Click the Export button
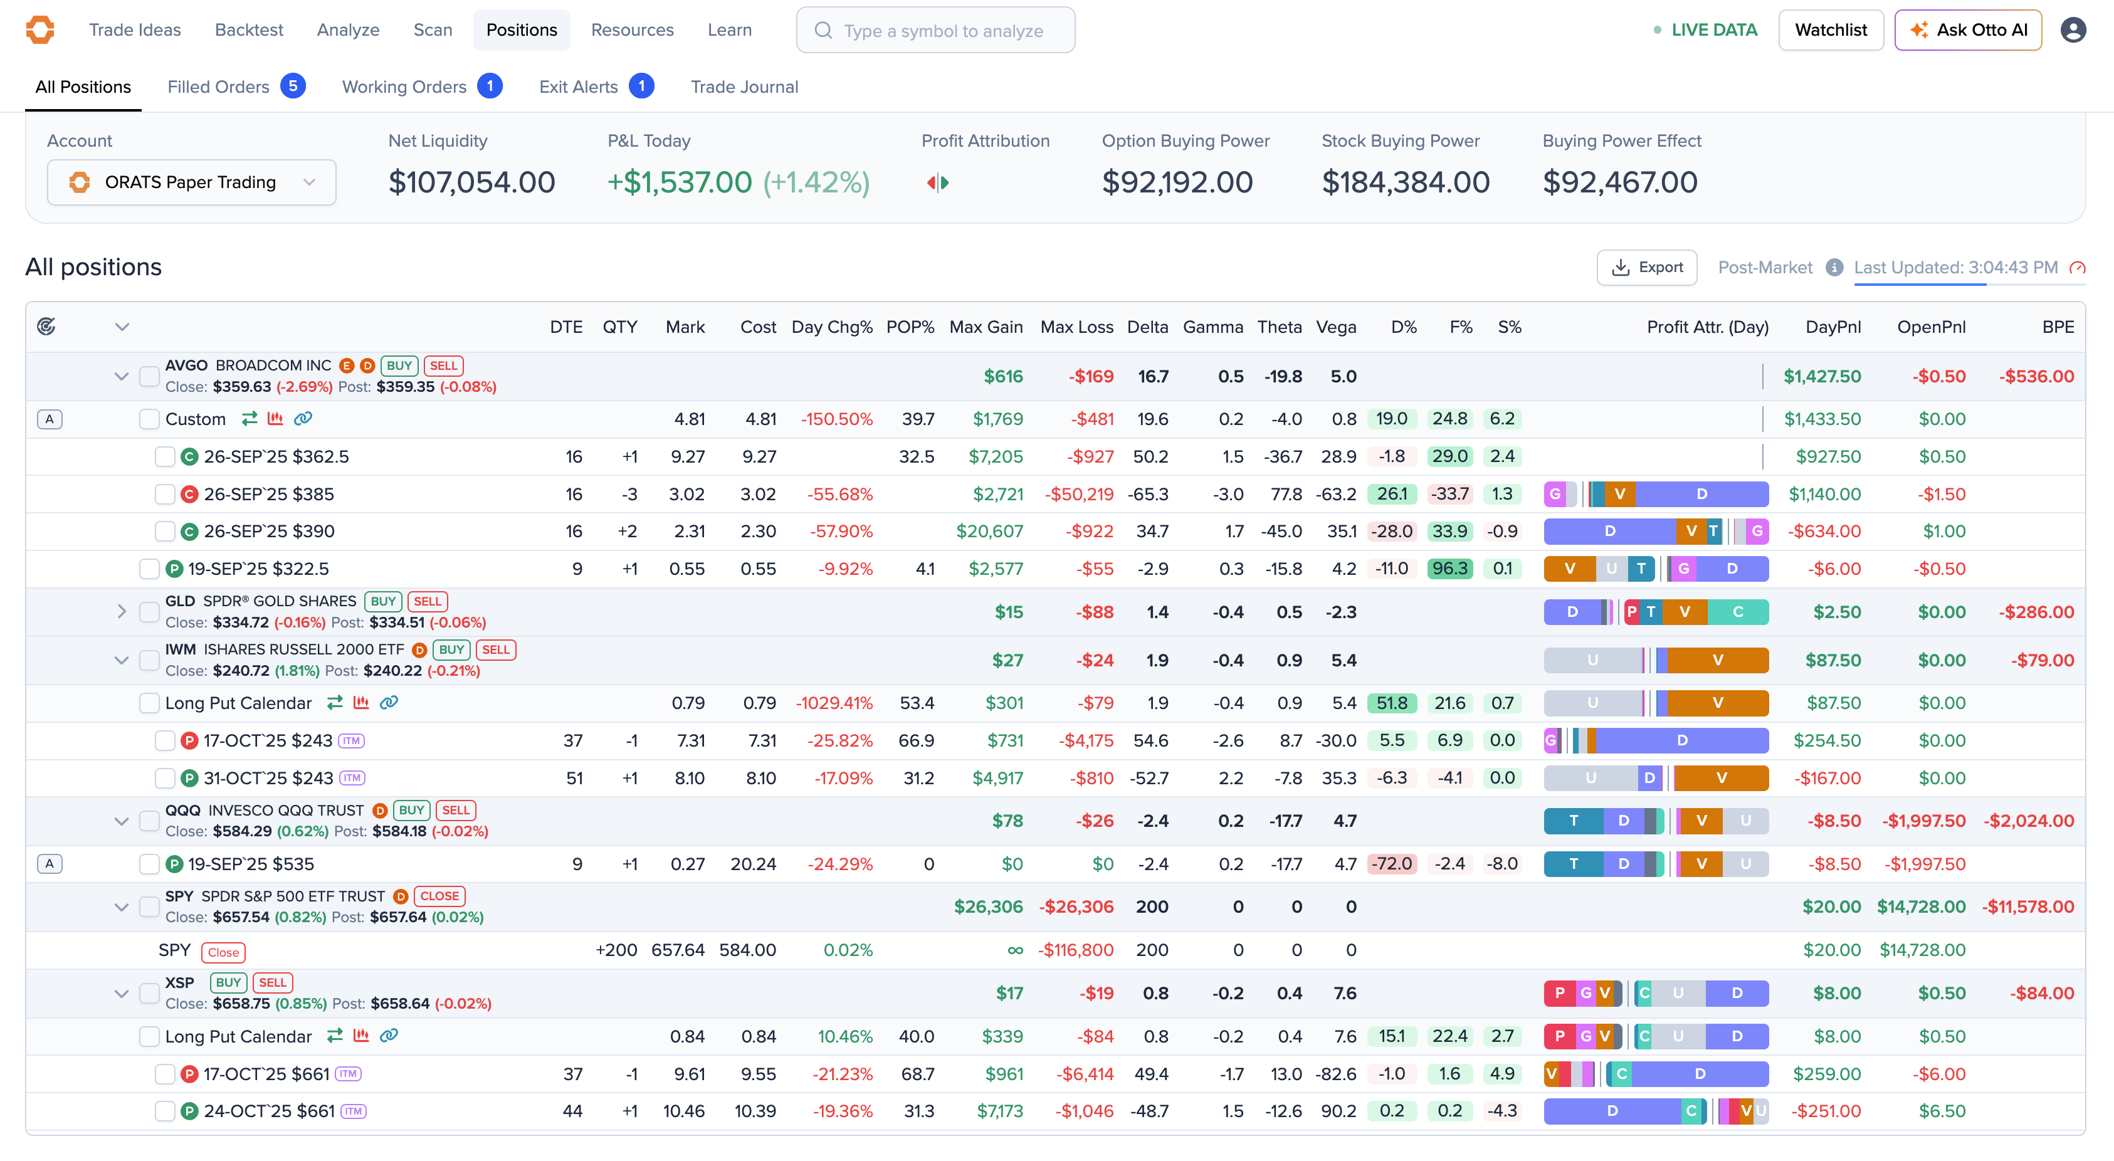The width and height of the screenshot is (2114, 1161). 1646,268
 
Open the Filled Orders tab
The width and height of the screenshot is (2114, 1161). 218,87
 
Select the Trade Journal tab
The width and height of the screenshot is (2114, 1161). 744,87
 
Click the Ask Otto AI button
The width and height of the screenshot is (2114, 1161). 1967,30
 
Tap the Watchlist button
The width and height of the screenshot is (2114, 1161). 1830,30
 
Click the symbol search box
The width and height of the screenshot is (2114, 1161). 935,30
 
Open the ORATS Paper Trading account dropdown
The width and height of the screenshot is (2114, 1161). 191,182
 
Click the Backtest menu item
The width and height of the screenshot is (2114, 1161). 249,30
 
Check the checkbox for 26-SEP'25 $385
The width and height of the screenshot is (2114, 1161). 165,494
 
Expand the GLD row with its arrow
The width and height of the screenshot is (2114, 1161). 122,611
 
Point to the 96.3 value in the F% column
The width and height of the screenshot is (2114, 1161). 1449,569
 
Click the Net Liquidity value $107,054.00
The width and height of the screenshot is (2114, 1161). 472,182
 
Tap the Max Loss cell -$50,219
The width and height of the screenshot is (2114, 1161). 1078,494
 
